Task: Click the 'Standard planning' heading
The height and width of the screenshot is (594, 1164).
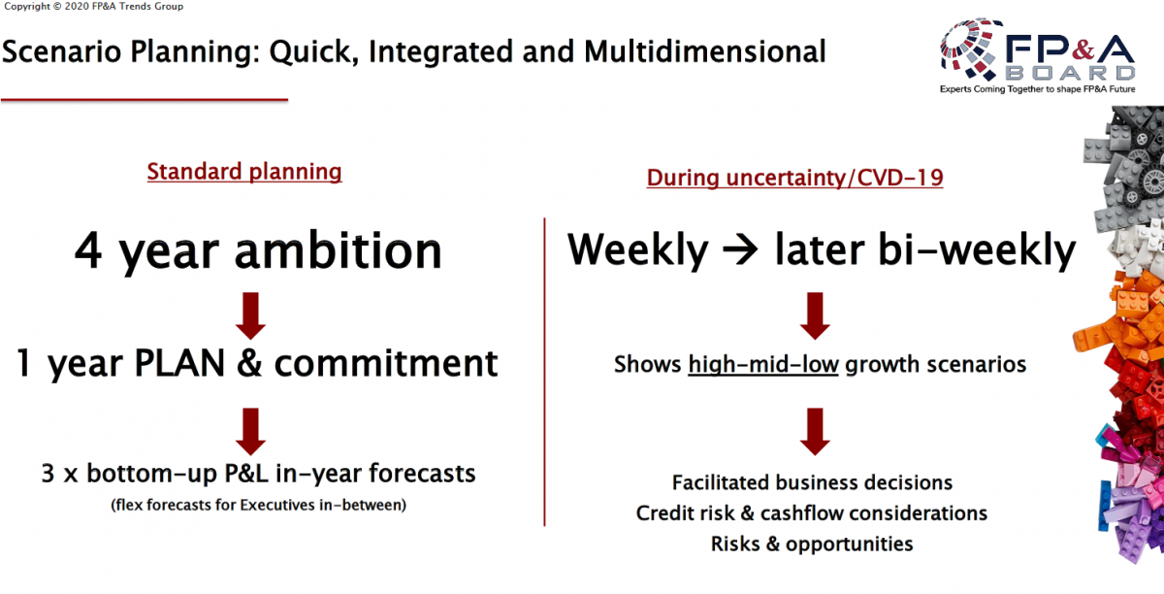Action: [244, 172]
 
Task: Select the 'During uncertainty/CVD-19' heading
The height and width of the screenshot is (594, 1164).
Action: [794, 178]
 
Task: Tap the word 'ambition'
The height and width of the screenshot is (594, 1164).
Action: [339, 250]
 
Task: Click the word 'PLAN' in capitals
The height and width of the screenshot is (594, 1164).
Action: [179, 363]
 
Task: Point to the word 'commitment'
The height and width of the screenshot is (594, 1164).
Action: [386, 363]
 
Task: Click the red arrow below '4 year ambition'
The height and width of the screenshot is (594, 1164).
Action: [250, 315]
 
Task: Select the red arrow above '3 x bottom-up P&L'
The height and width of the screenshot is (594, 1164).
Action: [250, 432]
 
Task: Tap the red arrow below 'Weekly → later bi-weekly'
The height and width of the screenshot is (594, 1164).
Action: [815, 315]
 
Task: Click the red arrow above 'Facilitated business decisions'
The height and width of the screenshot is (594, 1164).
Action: [815, 432]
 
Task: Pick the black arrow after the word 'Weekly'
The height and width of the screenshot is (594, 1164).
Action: [740, 249]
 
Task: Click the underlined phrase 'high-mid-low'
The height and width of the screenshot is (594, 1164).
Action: [763, 365]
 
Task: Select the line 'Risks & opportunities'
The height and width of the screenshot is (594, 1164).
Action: [812, 544]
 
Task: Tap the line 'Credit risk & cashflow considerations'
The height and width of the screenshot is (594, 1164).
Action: [812, 513]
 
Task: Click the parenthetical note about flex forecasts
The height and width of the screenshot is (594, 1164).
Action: [258, 505]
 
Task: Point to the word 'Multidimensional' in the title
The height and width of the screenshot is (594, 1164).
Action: [704, 52]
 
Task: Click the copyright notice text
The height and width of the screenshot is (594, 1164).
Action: [93, 6]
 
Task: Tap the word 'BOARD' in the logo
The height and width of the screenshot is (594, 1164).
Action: [1071, 73]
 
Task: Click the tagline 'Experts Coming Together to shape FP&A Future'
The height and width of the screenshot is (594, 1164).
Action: [1037, 89]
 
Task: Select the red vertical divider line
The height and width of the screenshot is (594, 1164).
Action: [544, 372]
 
